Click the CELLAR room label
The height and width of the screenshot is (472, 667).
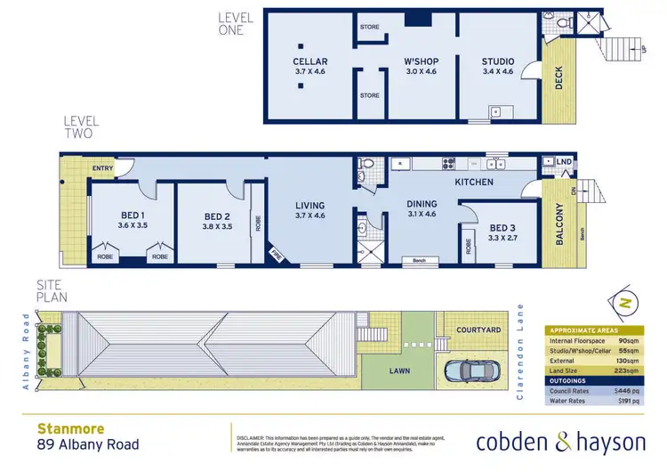[311, 61]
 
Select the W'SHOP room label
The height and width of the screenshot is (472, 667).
[418, 61]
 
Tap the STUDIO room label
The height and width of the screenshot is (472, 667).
[498, 61]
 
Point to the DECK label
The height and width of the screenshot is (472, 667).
[559, 81]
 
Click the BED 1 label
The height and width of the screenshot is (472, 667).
[133, 215]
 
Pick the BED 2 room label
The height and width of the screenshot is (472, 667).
[218, 216]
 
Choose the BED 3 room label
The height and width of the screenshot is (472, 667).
[502, 227]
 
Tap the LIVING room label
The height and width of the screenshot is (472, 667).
[310, 205]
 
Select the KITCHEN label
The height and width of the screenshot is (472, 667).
[473, 182]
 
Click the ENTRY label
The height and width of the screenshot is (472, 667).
[102, 167]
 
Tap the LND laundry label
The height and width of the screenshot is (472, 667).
[564, 161]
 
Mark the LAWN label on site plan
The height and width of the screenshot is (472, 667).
[398, 370]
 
